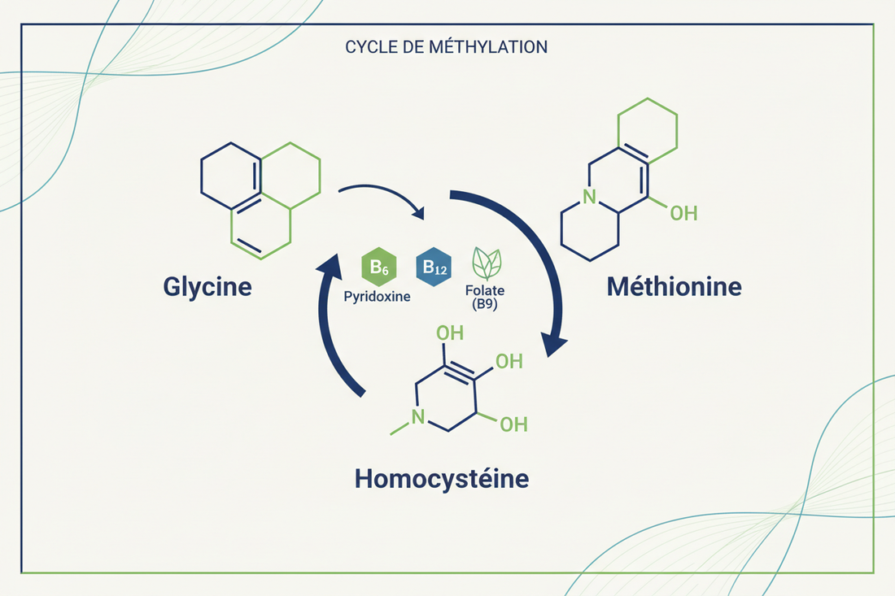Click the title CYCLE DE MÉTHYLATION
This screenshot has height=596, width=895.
[446, 46]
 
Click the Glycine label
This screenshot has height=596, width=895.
[207, 286]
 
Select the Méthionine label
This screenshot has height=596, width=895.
[674, 286]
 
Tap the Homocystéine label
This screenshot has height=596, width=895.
[441, 478]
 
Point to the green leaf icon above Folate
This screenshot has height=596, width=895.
[487, 263]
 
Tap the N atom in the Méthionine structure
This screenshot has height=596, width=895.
[590, 197]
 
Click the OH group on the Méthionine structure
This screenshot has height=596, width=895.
[683, 213]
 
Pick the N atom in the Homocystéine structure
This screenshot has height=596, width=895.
[417, 418]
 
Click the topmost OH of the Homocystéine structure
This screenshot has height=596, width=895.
[450, 334]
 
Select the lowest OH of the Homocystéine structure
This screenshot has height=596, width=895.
[513, 424]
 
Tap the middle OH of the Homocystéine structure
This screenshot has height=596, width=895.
[509, 362]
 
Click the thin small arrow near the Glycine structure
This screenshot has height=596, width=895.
[382, 199]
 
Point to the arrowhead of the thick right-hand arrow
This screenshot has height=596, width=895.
[554, 344]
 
